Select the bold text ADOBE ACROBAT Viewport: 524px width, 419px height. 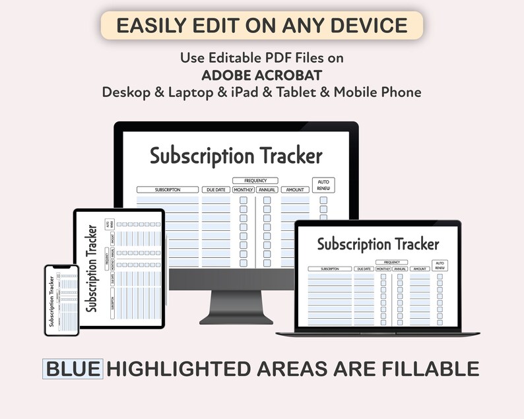click(261, 75)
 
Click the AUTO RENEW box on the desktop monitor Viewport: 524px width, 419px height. click(323, 185)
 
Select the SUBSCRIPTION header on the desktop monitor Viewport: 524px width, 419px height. click(168, 190)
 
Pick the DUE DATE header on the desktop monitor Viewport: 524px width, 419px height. click(216, 190)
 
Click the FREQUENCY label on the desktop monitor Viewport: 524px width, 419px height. click(255, 180)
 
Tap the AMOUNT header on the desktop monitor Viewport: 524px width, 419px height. click(295, 190)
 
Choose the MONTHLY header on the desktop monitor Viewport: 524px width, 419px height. click(243, 190)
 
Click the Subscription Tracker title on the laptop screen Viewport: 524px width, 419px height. click(377, 244)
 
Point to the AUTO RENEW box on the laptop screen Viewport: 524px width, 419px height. click(440, 265)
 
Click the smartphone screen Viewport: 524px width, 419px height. click(61, 300)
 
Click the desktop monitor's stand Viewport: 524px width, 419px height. click(236, 307)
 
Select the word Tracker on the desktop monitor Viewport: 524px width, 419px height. click(291, 156)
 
